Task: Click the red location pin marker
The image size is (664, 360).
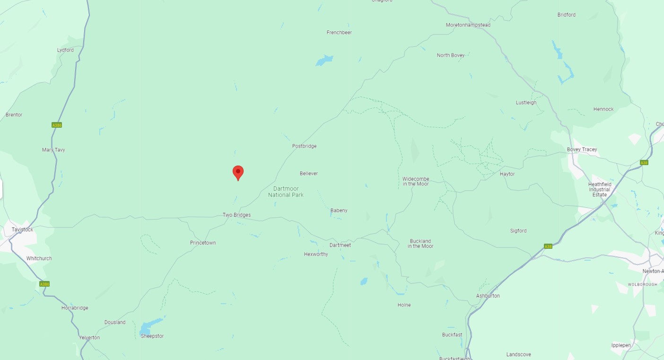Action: [238, 173]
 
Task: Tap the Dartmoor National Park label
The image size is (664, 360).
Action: [286, 192]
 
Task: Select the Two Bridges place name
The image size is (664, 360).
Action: [236, 215]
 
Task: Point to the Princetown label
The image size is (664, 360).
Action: [203, 243]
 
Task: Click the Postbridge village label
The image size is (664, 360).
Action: [304, 146]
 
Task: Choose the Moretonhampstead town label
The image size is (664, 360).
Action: [468, 25]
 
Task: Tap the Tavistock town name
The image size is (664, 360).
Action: [22, 230]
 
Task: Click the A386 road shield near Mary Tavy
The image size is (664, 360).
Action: [57, 125]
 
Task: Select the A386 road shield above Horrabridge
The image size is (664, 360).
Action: [44, 284]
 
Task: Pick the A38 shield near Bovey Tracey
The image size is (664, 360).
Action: [644, 163]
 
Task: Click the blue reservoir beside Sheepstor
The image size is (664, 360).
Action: [150, 326]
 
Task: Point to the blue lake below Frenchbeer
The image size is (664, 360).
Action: [324, 61]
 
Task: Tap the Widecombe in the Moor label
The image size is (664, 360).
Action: [416, 181]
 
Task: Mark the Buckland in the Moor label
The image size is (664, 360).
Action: [420, 244]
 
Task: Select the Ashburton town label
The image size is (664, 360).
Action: [488, 296]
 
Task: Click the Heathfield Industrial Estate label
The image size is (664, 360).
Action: [600, 189]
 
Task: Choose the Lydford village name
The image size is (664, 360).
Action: [65, 50]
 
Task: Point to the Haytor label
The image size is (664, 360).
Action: [507, 174]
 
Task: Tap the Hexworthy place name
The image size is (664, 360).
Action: [316, 255]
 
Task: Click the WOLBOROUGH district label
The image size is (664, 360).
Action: [642, 284]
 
